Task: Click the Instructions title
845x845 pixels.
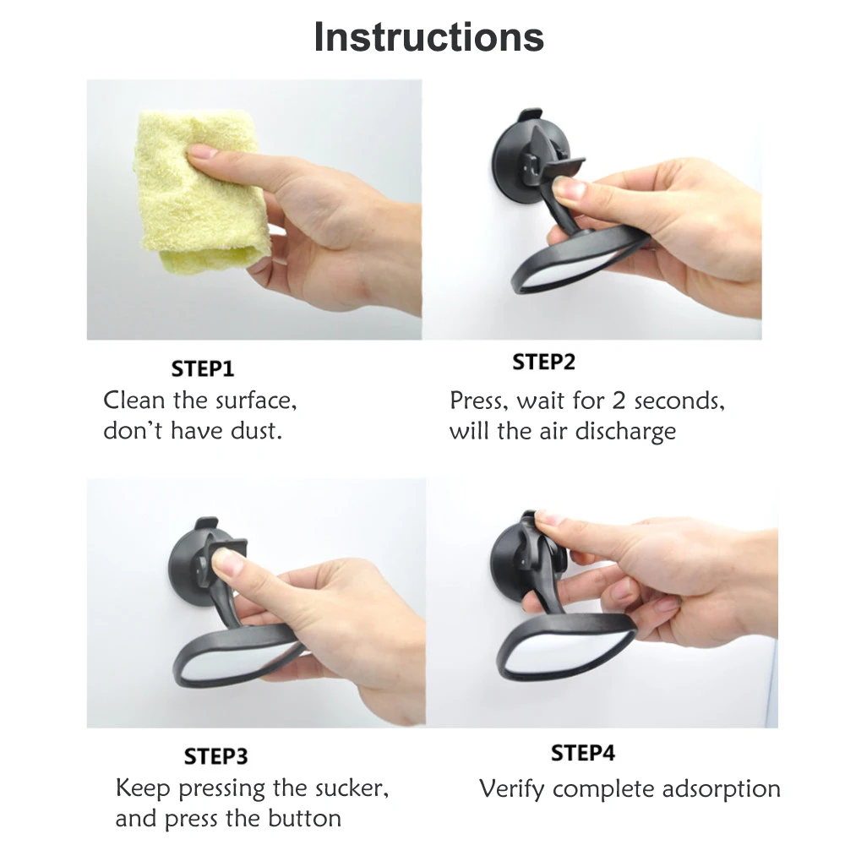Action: coord(429,37)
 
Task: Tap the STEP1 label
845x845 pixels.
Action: coord(203,369)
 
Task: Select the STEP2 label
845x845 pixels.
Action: coord(543,363)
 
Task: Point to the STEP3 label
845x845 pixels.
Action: coord(215,756)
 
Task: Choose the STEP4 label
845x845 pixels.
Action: coord(582,753)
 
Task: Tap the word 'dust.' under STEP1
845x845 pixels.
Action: coord(257,431)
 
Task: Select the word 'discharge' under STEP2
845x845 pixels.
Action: coord(625,432)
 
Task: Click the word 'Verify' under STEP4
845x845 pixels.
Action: coord(511,790)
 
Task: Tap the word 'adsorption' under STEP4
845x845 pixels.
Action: coord(721,789)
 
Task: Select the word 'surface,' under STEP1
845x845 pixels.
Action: coord(255,401)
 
